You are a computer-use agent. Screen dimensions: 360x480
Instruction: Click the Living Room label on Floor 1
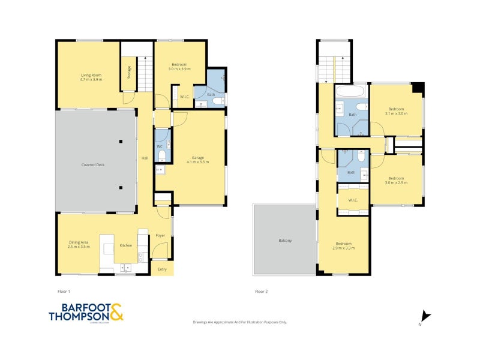91,77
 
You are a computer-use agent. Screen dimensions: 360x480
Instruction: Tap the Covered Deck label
94,164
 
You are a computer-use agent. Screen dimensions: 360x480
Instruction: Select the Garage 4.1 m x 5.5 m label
197,160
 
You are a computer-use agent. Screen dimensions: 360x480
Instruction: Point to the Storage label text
129,73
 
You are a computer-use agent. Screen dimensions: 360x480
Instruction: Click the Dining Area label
79,244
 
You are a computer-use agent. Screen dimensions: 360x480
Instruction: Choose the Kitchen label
125,245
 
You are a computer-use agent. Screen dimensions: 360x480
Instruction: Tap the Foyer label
160,235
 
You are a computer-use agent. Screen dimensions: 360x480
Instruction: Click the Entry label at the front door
162,269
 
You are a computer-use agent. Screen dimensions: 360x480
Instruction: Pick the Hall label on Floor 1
145,158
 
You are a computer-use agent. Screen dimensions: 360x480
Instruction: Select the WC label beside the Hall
160,146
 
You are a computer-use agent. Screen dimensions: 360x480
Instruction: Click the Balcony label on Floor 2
285,241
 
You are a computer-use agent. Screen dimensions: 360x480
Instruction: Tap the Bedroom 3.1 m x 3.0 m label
396,111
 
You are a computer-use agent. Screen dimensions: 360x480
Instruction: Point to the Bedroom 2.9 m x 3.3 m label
343,245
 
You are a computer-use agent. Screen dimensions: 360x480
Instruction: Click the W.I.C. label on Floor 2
352,200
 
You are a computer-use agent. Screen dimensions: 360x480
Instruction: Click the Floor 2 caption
261,292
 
